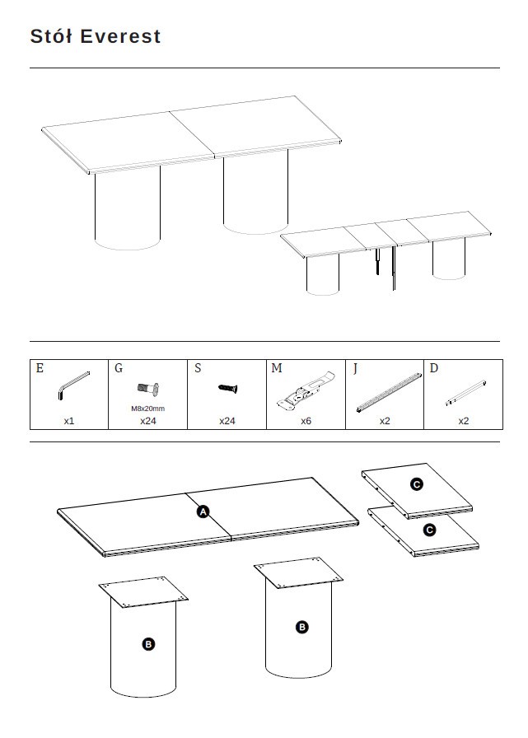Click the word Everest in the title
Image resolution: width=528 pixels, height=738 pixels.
[x=120, y=36]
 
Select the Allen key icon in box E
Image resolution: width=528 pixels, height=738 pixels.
[x=73, y=385]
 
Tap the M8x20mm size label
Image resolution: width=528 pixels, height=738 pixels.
[x=147, y=409]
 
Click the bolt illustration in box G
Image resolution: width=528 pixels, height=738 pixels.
[x=147, y=390]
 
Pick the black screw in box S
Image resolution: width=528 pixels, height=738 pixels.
[x=228, y=388]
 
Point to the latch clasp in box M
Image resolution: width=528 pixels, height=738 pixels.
[x=306, y=390]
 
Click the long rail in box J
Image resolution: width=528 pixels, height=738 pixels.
[x=389, y=393]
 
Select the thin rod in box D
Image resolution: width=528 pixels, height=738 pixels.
[x=465, y=393]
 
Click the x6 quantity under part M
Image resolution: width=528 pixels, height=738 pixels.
[x=306, y=421]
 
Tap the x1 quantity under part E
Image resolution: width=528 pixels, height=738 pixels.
[x=69, y=421]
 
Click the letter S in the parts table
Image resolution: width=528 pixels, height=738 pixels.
[x=198, y=368]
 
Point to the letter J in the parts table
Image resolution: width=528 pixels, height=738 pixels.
[x=355, y=368]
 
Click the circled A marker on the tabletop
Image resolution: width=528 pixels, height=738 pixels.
[x=203, y=511]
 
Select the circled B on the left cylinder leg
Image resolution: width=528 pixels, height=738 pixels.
[x=148, y=644]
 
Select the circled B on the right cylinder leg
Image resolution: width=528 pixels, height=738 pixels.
[x=302, y=627]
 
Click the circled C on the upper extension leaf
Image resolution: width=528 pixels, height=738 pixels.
[x=417, y=484]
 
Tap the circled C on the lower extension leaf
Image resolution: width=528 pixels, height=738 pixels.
[x=429, y=530]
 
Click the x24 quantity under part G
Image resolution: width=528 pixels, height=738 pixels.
[x=147, y=421]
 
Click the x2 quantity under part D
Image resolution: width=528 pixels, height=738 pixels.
[x=464, y=421]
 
